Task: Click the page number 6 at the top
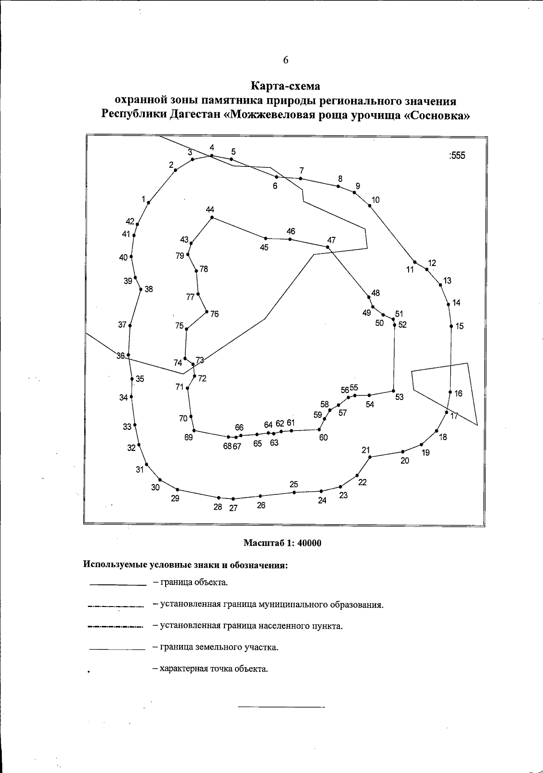point(286,61)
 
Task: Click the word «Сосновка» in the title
point(436,114)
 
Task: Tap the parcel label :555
point(457,156)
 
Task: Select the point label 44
point(210,210)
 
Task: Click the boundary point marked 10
point(370,206)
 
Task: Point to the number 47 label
point(332,240)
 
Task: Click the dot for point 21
point(370,457)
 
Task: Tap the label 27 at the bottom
point(233,507)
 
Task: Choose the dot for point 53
point(394,391)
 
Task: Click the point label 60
point(323,437)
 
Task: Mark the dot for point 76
point(206,312)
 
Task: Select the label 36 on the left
point(120,356)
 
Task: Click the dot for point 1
point(148,203)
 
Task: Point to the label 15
point(459,326)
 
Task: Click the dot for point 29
point(177,489)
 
